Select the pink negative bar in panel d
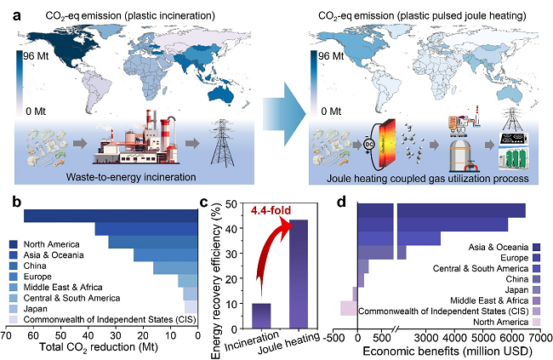click(x=348, y=308)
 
